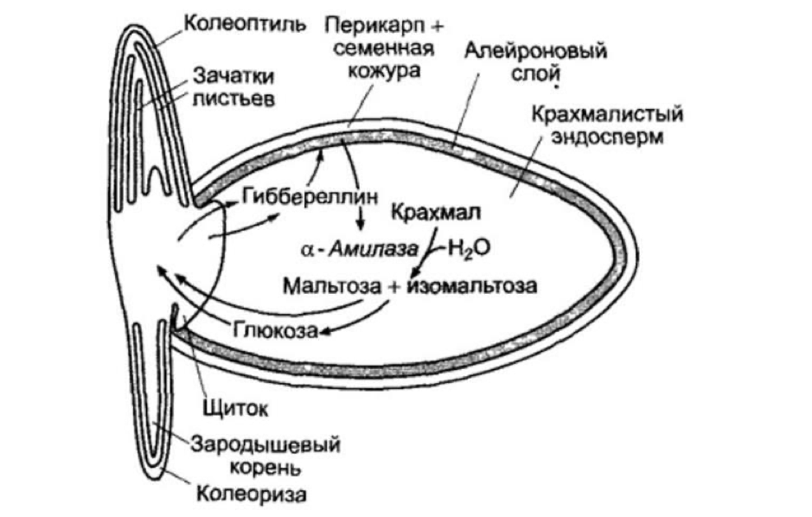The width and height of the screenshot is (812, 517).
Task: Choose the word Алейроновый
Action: (536, 51)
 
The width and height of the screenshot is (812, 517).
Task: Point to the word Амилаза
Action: (359, 249)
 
